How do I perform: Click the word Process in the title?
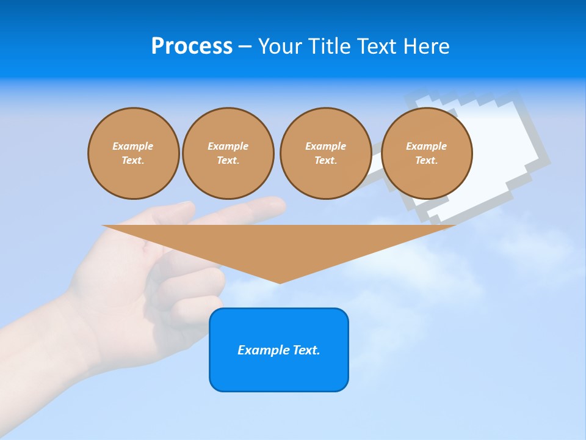click(x=192, y=46)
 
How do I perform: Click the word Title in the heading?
click(x=329, y=46)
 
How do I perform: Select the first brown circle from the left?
click(x=133, y=153)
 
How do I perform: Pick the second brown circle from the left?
click(x=228, y=153)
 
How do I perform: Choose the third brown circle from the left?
click(x=325, y=153)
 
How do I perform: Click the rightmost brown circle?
click(x=426, y=153)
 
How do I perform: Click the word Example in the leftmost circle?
click(x=133, y=146)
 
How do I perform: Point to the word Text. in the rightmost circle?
click(x=426, y=161)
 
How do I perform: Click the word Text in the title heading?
click(x=377, y=46)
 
